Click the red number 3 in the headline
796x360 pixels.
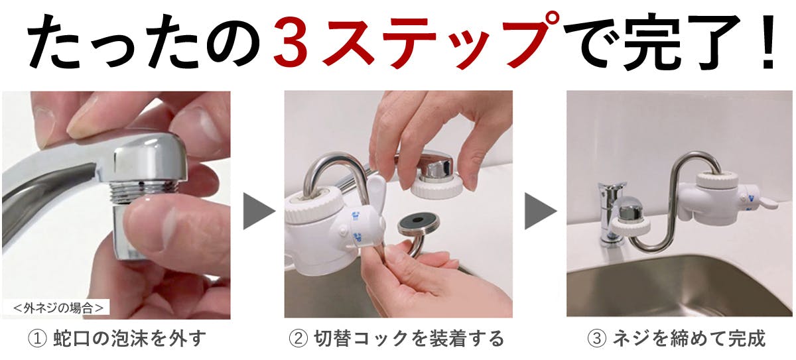[291, 43]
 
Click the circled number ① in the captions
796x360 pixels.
[37, 338]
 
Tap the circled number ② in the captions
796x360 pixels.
[298, 338]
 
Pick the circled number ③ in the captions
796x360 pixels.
[596, 338]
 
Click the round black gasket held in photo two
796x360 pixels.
[418, 225]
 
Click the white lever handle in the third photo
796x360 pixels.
[767, 204]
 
